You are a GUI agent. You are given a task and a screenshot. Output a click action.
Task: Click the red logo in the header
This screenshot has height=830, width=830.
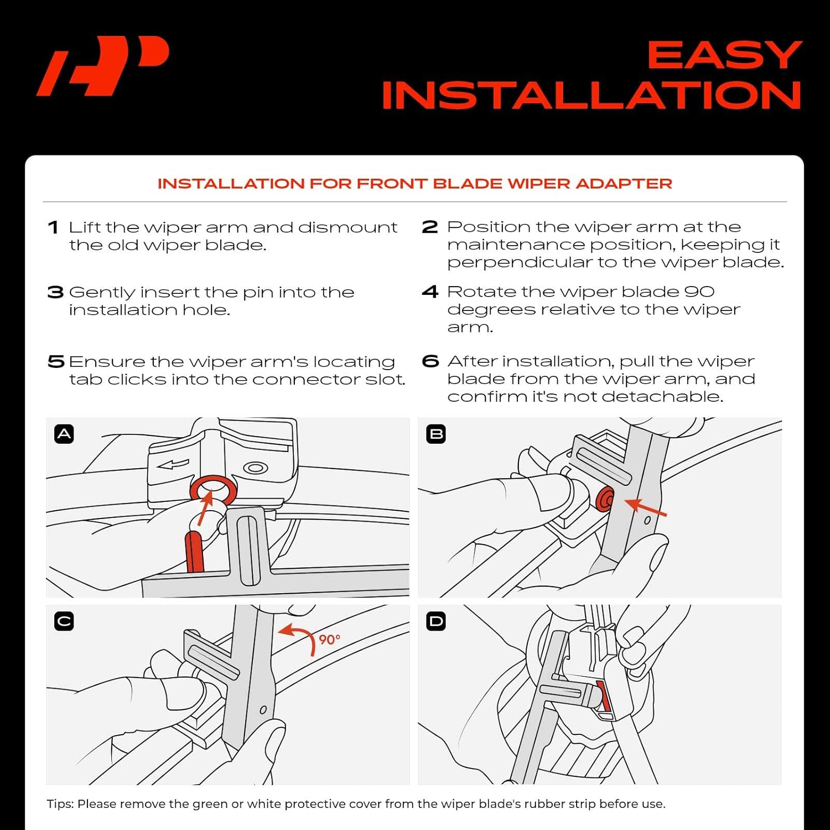tap(102, 65)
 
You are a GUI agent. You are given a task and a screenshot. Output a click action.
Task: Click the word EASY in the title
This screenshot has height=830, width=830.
tap(724, 55)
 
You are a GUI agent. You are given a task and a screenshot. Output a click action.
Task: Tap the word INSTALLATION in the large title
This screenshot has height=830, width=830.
tap(591, 96)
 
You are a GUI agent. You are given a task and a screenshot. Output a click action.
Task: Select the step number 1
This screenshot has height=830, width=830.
tap(53, 227)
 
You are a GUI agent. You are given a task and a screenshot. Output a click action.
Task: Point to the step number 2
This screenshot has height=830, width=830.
tap(430, 227)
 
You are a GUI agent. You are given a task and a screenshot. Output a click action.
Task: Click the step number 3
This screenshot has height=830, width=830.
tap(55, 292)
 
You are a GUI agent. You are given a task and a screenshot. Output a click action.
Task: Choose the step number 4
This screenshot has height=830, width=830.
tap(430, 292)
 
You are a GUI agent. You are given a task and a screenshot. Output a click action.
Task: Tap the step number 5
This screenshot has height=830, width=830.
tap(56, 362)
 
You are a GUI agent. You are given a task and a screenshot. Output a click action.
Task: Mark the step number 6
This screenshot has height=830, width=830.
tap(430, 361)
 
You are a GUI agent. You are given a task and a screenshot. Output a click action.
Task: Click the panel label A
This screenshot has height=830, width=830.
tap(64, 434)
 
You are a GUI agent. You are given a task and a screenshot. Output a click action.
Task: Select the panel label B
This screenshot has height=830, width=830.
tap(436, 434)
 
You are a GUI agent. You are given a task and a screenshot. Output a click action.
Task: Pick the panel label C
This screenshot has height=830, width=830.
tap(64, 621)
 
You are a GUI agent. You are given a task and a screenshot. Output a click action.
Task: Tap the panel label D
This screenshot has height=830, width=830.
tap(436, 621)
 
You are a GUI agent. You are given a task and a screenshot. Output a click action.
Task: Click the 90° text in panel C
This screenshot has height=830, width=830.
tap(329, 640)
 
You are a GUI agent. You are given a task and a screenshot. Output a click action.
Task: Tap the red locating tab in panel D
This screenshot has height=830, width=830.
tap(604, 696)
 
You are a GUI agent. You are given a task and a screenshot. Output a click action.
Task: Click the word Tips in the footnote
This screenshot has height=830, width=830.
tap(60, 804)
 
